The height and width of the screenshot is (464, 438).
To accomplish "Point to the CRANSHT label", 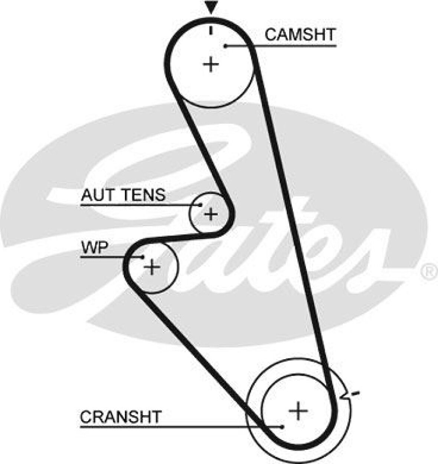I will coord(121,417).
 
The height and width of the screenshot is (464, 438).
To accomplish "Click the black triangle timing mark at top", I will coord(211,7).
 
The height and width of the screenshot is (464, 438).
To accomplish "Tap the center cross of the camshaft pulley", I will coord(211,65).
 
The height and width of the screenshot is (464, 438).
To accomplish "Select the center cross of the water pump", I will coord(151,267).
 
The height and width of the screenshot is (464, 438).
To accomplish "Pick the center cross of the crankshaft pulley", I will coord(298,410).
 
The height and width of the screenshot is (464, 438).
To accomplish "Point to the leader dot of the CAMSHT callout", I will coord(225,46).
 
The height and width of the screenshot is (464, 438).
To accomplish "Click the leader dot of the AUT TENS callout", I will coord(200,205).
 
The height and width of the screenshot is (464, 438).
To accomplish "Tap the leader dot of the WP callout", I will coord(143,256).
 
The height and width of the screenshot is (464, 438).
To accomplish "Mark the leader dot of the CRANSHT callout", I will coord(283,427).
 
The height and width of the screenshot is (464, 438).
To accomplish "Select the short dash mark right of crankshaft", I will coord(356,393).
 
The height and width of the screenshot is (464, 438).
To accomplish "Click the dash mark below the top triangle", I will coord(211,30).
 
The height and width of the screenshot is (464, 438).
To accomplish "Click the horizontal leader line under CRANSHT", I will coord(178,427).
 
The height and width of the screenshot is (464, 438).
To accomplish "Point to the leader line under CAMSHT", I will coord(282,46).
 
